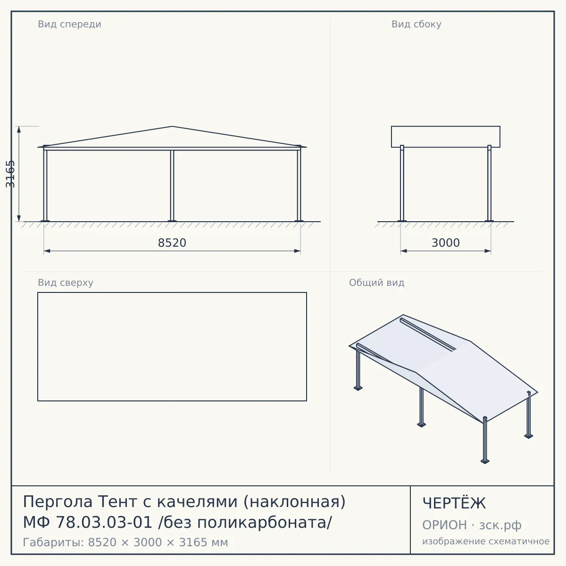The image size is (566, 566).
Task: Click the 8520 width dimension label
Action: click(x=172, y=243)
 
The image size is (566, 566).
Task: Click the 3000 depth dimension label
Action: click(x=446, y=243)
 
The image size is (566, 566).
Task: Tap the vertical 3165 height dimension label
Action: click(x=10, y=174)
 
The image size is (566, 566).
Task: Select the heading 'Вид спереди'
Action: click(x=70, y=24)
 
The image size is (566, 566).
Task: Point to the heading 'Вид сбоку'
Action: click(x=416, y=24)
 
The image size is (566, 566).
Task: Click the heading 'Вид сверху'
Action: click(x=66, y=283)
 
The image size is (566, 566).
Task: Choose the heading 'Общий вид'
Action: click(x=376, y=283)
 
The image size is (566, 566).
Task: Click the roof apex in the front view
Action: click(x=172, y=126)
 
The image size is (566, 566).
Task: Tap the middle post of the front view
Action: click(x=172, y=186)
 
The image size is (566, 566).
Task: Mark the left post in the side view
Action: click(x=402, y=183)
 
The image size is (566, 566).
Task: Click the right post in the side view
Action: click(x=489, y=183)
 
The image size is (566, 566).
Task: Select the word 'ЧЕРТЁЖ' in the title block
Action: click(x=454, y=503)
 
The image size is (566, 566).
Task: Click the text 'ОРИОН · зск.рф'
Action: click(x=472, y=525)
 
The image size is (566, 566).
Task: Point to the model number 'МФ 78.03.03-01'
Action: click(x=88, y=522)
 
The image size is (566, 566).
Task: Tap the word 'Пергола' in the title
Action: click(x=58, y=502)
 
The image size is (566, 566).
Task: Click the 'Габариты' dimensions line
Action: click(x=125, y=542)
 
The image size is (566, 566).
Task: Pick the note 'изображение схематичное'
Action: click(x=486, y=541)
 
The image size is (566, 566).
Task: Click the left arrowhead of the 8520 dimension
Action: click(x=47, y=251)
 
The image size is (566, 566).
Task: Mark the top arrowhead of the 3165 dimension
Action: click(x=19, y=130)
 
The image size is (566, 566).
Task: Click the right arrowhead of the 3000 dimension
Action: click(x=488, y=251)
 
